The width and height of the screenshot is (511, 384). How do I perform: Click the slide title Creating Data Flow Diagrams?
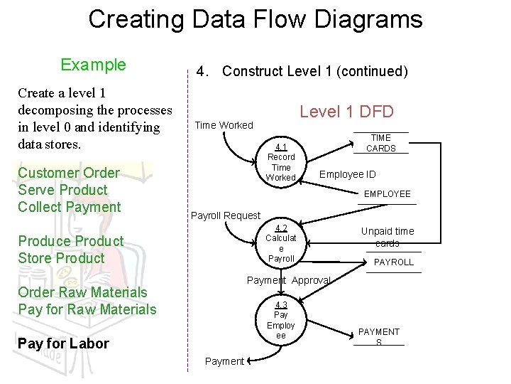pyautogui.click(x=255, y=19)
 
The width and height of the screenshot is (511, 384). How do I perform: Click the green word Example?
pyautogui.click(x=93, y=65)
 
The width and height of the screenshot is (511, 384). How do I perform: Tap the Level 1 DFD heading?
pyautogui.click(x=346, y=111)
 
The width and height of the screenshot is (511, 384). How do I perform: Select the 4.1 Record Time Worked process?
pyautogui.click(x=280, y=162)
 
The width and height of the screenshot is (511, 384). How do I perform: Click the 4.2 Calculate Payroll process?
pyautogui.click(x=281, y=243)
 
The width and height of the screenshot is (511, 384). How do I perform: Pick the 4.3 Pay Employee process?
pyautogui.click(x=280, y=320)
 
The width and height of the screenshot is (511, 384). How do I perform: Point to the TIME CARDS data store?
pyautogui.click(x=380, y=143)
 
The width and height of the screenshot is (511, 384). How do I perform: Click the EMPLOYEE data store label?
pyautogui.click(x=387, y=193)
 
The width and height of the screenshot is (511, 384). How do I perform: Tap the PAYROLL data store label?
pyautogui.click(x=393, y=262)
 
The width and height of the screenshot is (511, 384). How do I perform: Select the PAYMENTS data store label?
pyautogui.click(x=378, y=336)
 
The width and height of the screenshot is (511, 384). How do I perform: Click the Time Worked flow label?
pyautogui.click(x=224, y=125)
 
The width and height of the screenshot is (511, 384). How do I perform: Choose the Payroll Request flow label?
pyautogui.click(x=226, y=215)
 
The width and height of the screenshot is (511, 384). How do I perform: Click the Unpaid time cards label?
pyautogui.click(x=387, y=237)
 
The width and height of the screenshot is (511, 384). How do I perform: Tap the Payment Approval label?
pyautogui.click(x=288, y=280)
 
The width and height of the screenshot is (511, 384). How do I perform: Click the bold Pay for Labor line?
pyautogui.click(x=63, y=343)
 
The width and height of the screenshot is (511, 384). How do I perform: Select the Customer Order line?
pyautogui.click(x=69, y=173)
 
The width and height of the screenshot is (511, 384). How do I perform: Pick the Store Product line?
pyautogui.click(x=61, y=258)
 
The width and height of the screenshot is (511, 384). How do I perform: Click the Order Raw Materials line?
pyautogui.click(x=82, y=292)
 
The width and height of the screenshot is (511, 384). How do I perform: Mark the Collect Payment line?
pyautogui.click(x=70, y=207)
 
